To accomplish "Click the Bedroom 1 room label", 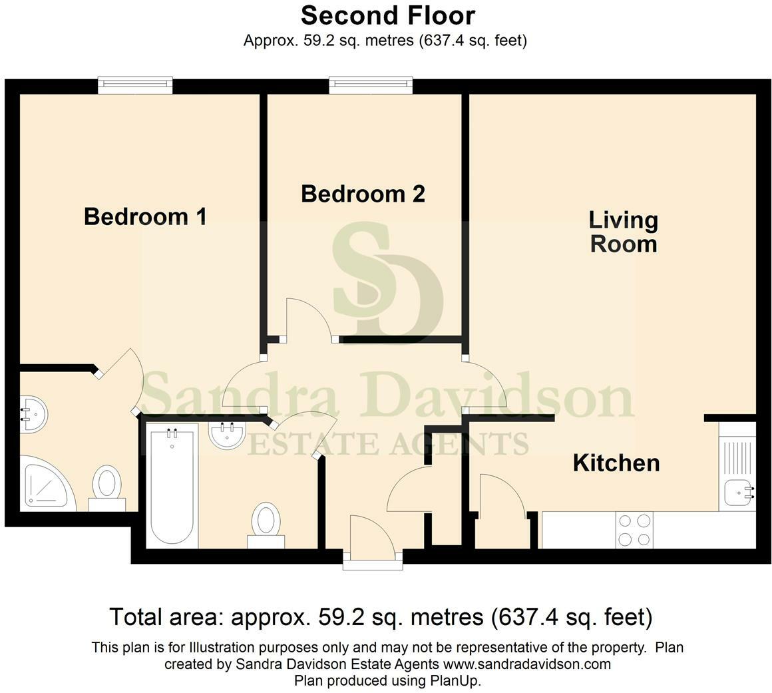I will pos(145,216).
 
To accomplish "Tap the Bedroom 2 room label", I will pos(363,194).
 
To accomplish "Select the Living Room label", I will pos(624,232).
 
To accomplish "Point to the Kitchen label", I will pos(616,463).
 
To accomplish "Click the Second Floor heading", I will pos(388,15).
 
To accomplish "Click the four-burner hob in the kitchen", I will pos(634,530).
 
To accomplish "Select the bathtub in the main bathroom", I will pos(172,485).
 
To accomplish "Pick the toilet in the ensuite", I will pos(106,486).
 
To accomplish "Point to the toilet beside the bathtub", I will pos(266,523).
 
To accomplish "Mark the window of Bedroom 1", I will pos(135,85).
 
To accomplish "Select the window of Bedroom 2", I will pos(371,85).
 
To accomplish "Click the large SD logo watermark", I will pos(386,280).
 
